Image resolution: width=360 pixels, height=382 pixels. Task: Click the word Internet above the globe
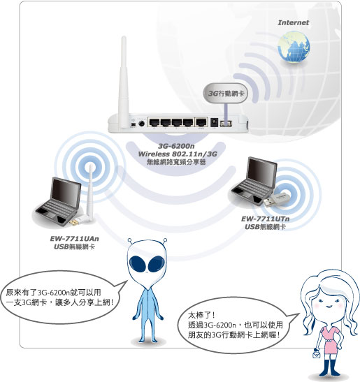tap(293, 22)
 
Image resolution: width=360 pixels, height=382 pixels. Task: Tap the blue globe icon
tap(294, 47)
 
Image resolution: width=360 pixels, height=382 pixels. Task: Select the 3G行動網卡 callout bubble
tap(226, 94)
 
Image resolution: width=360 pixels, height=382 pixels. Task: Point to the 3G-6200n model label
tap(176, 146)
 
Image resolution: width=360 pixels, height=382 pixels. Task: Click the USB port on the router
tap(226, 124)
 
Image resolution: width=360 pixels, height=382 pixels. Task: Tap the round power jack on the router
tap(141, 124)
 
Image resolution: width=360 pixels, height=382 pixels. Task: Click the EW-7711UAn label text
tap(74, 239)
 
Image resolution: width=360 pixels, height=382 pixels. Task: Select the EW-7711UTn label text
tap(266, 219)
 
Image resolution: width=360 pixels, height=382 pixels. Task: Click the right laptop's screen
tap(261, 172)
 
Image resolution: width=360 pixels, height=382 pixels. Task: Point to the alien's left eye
tap(138, 265)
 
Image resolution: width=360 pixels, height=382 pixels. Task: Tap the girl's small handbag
tap(317, 354)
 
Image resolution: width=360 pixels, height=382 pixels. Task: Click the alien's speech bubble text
tap(59, 297)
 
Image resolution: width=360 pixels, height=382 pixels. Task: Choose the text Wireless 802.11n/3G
tap(178, 154)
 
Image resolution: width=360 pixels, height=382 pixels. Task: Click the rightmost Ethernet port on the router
tap(201, 122)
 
